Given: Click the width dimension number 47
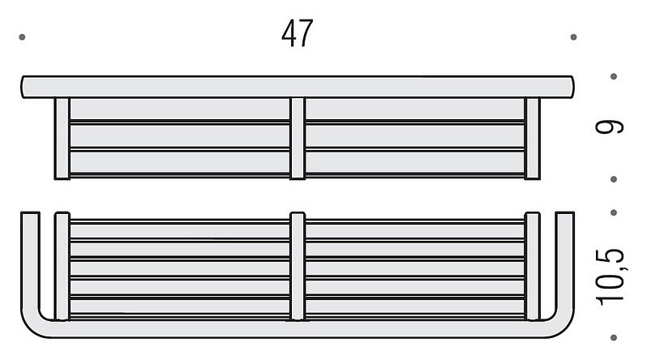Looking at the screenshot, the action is [297, 33].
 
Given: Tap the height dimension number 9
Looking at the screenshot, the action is [610, 126].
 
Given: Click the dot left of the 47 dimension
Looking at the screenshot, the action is [22, 37].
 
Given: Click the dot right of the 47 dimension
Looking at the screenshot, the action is [573, 37].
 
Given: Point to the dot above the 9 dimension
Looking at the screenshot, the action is [614, 76].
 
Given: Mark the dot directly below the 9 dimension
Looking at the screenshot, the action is [614, 179].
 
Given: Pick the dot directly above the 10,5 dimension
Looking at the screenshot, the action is [614, 212].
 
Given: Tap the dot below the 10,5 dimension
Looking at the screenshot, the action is [614, 338].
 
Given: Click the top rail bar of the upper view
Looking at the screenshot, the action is [298, 87].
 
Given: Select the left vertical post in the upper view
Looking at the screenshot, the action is [62, 139].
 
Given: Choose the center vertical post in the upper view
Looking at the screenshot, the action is [298, 139].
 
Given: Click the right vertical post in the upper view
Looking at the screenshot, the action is [533, 139].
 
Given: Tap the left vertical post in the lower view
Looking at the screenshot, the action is [62, 266].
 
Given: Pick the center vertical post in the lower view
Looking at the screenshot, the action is [298, 266].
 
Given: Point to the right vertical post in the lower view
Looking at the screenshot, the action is [533, 266].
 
